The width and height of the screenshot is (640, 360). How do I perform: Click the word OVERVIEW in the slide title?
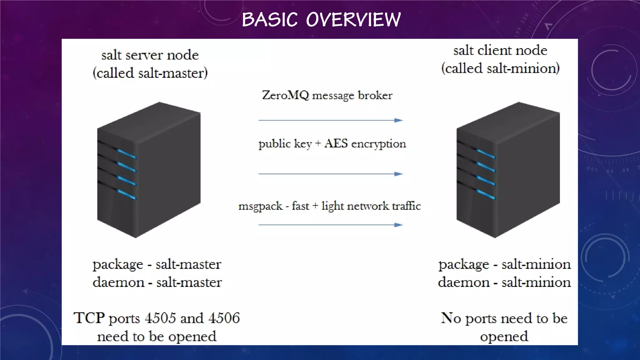tap(353, 19)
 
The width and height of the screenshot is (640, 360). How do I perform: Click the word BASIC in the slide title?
tap(270, 19)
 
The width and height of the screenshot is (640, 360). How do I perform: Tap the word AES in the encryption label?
tap(336, 143)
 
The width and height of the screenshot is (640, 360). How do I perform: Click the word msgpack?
tap(260, 206)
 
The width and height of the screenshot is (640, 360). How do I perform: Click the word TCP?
tap(89, 318)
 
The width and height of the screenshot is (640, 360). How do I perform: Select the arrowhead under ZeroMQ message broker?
tap(398, 120)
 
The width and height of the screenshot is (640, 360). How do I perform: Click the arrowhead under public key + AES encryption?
tap(398, 174)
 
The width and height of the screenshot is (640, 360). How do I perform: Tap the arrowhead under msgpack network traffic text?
tap(398, 225)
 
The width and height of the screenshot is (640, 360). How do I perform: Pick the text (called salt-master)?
tap(150, 73)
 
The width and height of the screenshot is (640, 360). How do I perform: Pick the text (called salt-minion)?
tap(500, 68)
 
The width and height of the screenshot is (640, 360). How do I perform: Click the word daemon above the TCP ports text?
tap(118, 282)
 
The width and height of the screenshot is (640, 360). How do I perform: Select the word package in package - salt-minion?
tap(463, 265)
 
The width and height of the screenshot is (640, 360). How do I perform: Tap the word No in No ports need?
tap(451, 318)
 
